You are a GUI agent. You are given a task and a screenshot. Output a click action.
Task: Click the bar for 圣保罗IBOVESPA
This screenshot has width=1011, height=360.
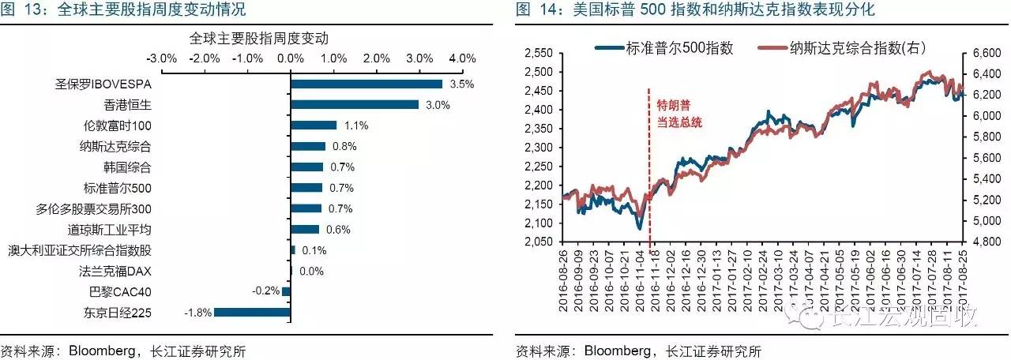pyautogui.click(x=366, y=84)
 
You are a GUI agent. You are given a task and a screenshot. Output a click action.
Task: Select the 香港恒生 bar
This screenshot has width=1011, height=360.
pyautogui.click(x=355, y=104)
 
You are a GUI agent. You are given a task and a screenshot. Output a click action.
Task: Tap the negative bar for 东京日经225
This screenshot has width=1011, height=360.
pyautogui.click(x=252, y=313)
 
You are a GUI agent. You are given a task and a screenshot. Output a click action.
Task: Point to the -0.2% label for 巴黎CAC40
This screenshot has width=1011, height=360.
pyautogui.click(x=266, y=291)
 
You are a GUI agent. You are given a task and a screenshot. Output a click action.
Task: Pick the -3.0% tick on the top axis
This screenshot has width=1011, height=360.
pyautogui.click(x=162, y=58)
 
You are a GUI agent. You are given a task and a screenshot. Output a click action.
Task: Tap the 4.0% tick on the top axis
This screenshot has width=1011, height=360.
pyautogui.click(x=462, y=58)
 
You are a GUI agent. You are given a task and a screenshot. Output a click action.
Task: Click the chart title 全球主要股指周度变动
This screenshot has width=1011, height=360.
pyautogui.click(x=259, y=37)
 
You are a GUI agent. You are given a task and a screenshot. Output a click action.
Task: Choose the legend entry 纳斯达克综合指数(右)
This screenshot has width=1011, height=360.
pyautogui.click(x=848, y=48)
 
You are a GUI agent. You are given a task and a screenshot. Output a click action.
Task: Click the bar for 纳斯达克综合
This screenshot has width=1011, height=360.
pyautogui.click(x=308, y=146)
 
